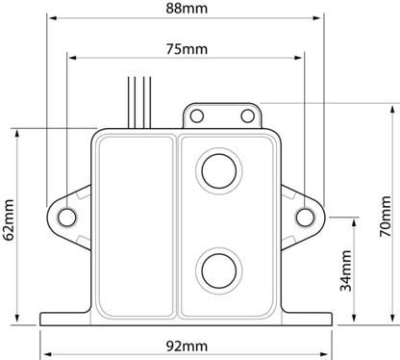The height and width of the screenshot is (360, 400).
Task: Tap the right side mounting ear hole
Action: (305, 217)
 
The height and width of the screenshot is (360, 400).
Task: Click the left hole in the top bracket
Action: (197, 116)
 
